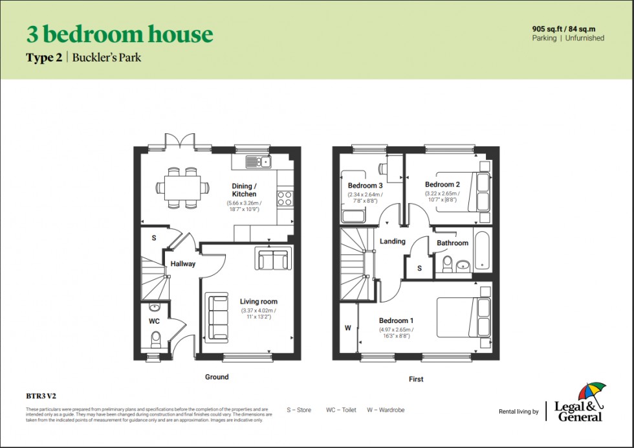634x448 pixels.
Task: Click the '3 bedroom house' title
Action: click(119, 34)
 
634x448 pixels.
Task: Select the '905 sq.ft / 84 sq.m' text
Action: click(567, 28)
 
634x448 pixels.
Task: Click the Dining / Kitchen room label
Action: click(244, 190)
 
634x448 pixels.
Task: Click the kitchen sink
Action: click(259, 162)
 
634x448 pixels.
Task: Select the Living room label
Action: click(258, 302)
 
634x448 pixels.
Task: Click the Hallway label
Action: click(182, 263)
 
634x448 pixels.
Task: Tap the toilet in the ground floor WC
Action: click(155, 339)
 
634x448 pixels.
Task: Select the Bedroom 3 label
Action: click(366, 186)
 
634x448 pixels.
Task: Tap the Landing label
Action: click(392, 241)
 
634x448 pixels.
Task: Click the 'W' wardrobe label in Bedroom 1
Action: click(347, 328)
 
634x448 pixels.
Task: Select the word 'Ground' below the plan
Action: click(217, 377)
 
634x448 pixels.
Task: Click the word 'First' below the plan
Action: click(416, 379)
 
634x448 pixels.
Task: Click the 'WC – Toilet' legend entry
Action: click(341, 410)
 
